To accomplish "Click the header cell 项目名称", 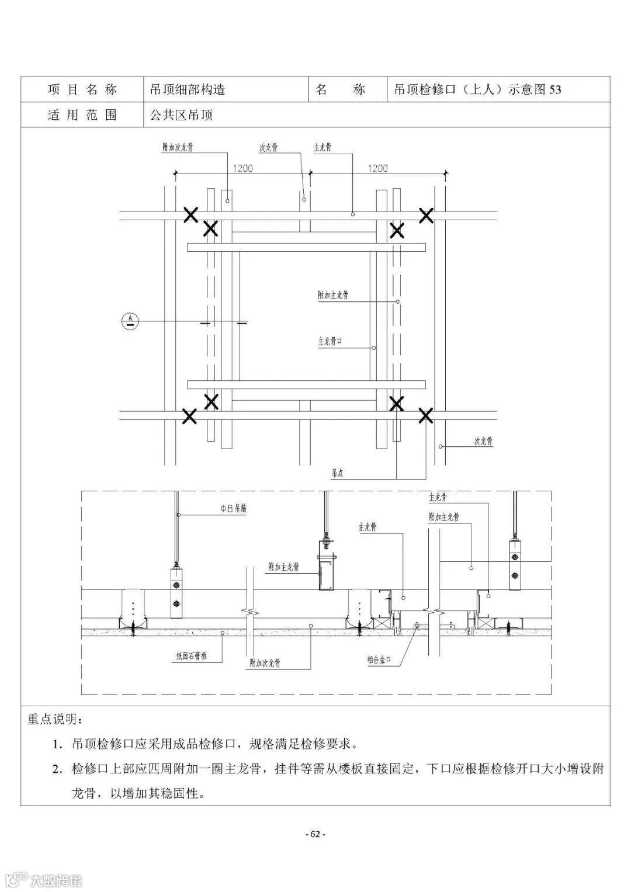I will click(x=82, y=89).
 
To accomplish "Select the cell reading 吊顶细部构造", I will click(x=187, y=89).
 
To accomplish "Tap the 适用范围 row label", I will click(x=82, y=114).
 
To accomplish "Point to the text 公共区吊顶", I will click(x=181, y=115).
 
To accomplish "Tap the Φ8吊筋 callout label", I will click(x=233, y=508).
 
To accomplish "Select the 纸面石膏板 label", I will click(x=188, y=656).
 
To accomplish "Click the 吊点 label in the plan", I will click(x=337, y=473).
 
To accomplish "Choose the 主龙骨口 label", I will click(x=334, y=341).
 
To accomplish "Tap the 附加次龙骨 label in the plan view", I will click(x=178, y=147).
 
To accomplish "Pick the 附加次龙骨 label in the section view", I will click(x=264, y=663).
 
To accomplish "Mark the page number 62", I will click(x=315, y=834).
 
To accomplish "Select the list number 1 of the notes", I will click(x=57, y=744).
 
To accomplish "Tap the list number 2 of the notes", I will click(x=57, y=769).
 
